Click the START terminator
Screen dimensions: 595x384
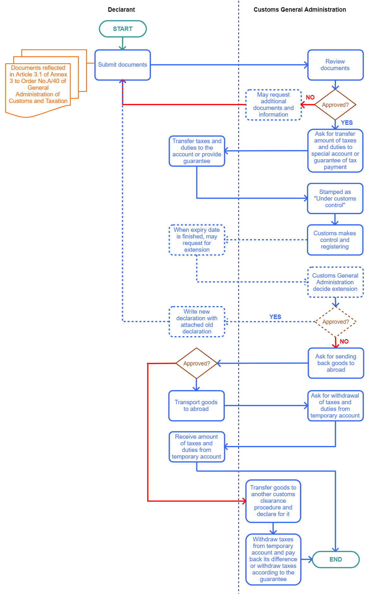coord(123,29)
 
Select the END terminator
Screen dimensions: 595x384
coord(336,559)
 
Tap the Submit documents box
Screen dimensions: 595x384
coord(123,65)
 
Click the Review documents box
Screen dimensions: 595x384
coord(335,65)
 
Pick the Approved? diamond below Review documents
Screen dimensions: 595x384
coord(335,105)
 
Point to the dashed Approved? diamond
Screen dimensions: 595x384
coord(336,322)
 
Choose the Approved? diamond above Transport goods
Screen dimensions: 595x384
coord(197,363)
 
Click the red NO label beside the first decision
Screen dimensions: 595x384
coord(310,97)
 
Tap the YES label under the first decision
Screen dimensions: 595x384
coord(347,123)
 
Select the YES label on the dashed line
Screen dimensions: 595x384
coord(275,317)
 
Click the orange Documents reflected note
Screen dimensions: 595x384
coord(38,84)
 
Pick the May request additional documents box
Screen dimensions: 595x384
coord(273,105)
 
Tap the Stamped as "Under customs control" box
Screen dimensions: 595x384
coord(335,198)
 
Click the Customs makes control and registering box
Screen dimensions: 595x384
coord(335,240)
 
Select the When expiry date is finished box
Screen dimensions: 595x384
coord(197,240)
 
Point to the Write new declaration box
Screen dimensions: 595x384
coord(197,322)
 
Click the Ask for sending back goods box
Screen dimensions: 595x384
coord(336,363)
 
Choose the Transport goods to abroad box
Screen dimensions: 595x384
coord(196,406)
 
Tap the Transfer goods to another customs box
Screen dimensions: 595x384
coord(273,501)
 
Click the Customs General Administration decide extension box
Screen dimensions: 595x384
coord(335,282)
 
